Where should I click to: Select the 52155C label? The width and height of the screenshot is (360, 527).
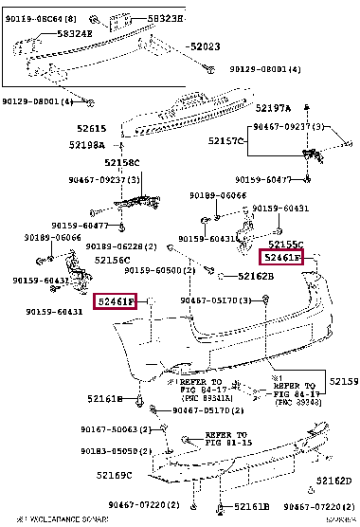pos(286,244)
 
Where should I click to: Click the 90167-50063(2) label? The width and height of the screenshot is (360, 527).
pos(119,429)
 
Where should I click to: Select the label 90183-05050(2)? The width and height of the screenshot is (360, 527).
pos(119,452)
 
